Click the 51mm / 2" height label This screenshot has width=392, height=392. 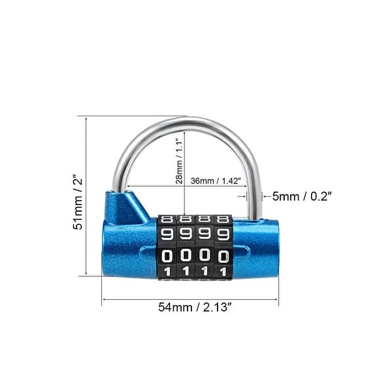point(78,196)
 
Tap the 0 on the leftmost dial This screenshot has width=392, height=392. point(167,255)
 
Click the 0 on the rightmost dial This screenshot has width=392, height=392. point(223,255)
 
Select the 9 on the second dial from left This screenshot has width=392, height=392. point(186,233)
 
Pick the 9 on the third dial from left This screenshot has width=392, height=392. point(205,233)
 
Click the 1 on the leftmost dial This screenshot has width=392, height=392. point(167,271)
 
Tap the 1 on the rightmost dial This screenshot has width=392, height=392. point(223,271)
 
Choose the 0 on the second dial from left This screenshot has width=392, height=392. point(186,255)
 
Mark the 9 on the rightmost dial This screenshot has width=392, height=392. point(223,233)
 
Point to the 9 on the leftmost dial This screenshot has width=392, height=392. point(167,233)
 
